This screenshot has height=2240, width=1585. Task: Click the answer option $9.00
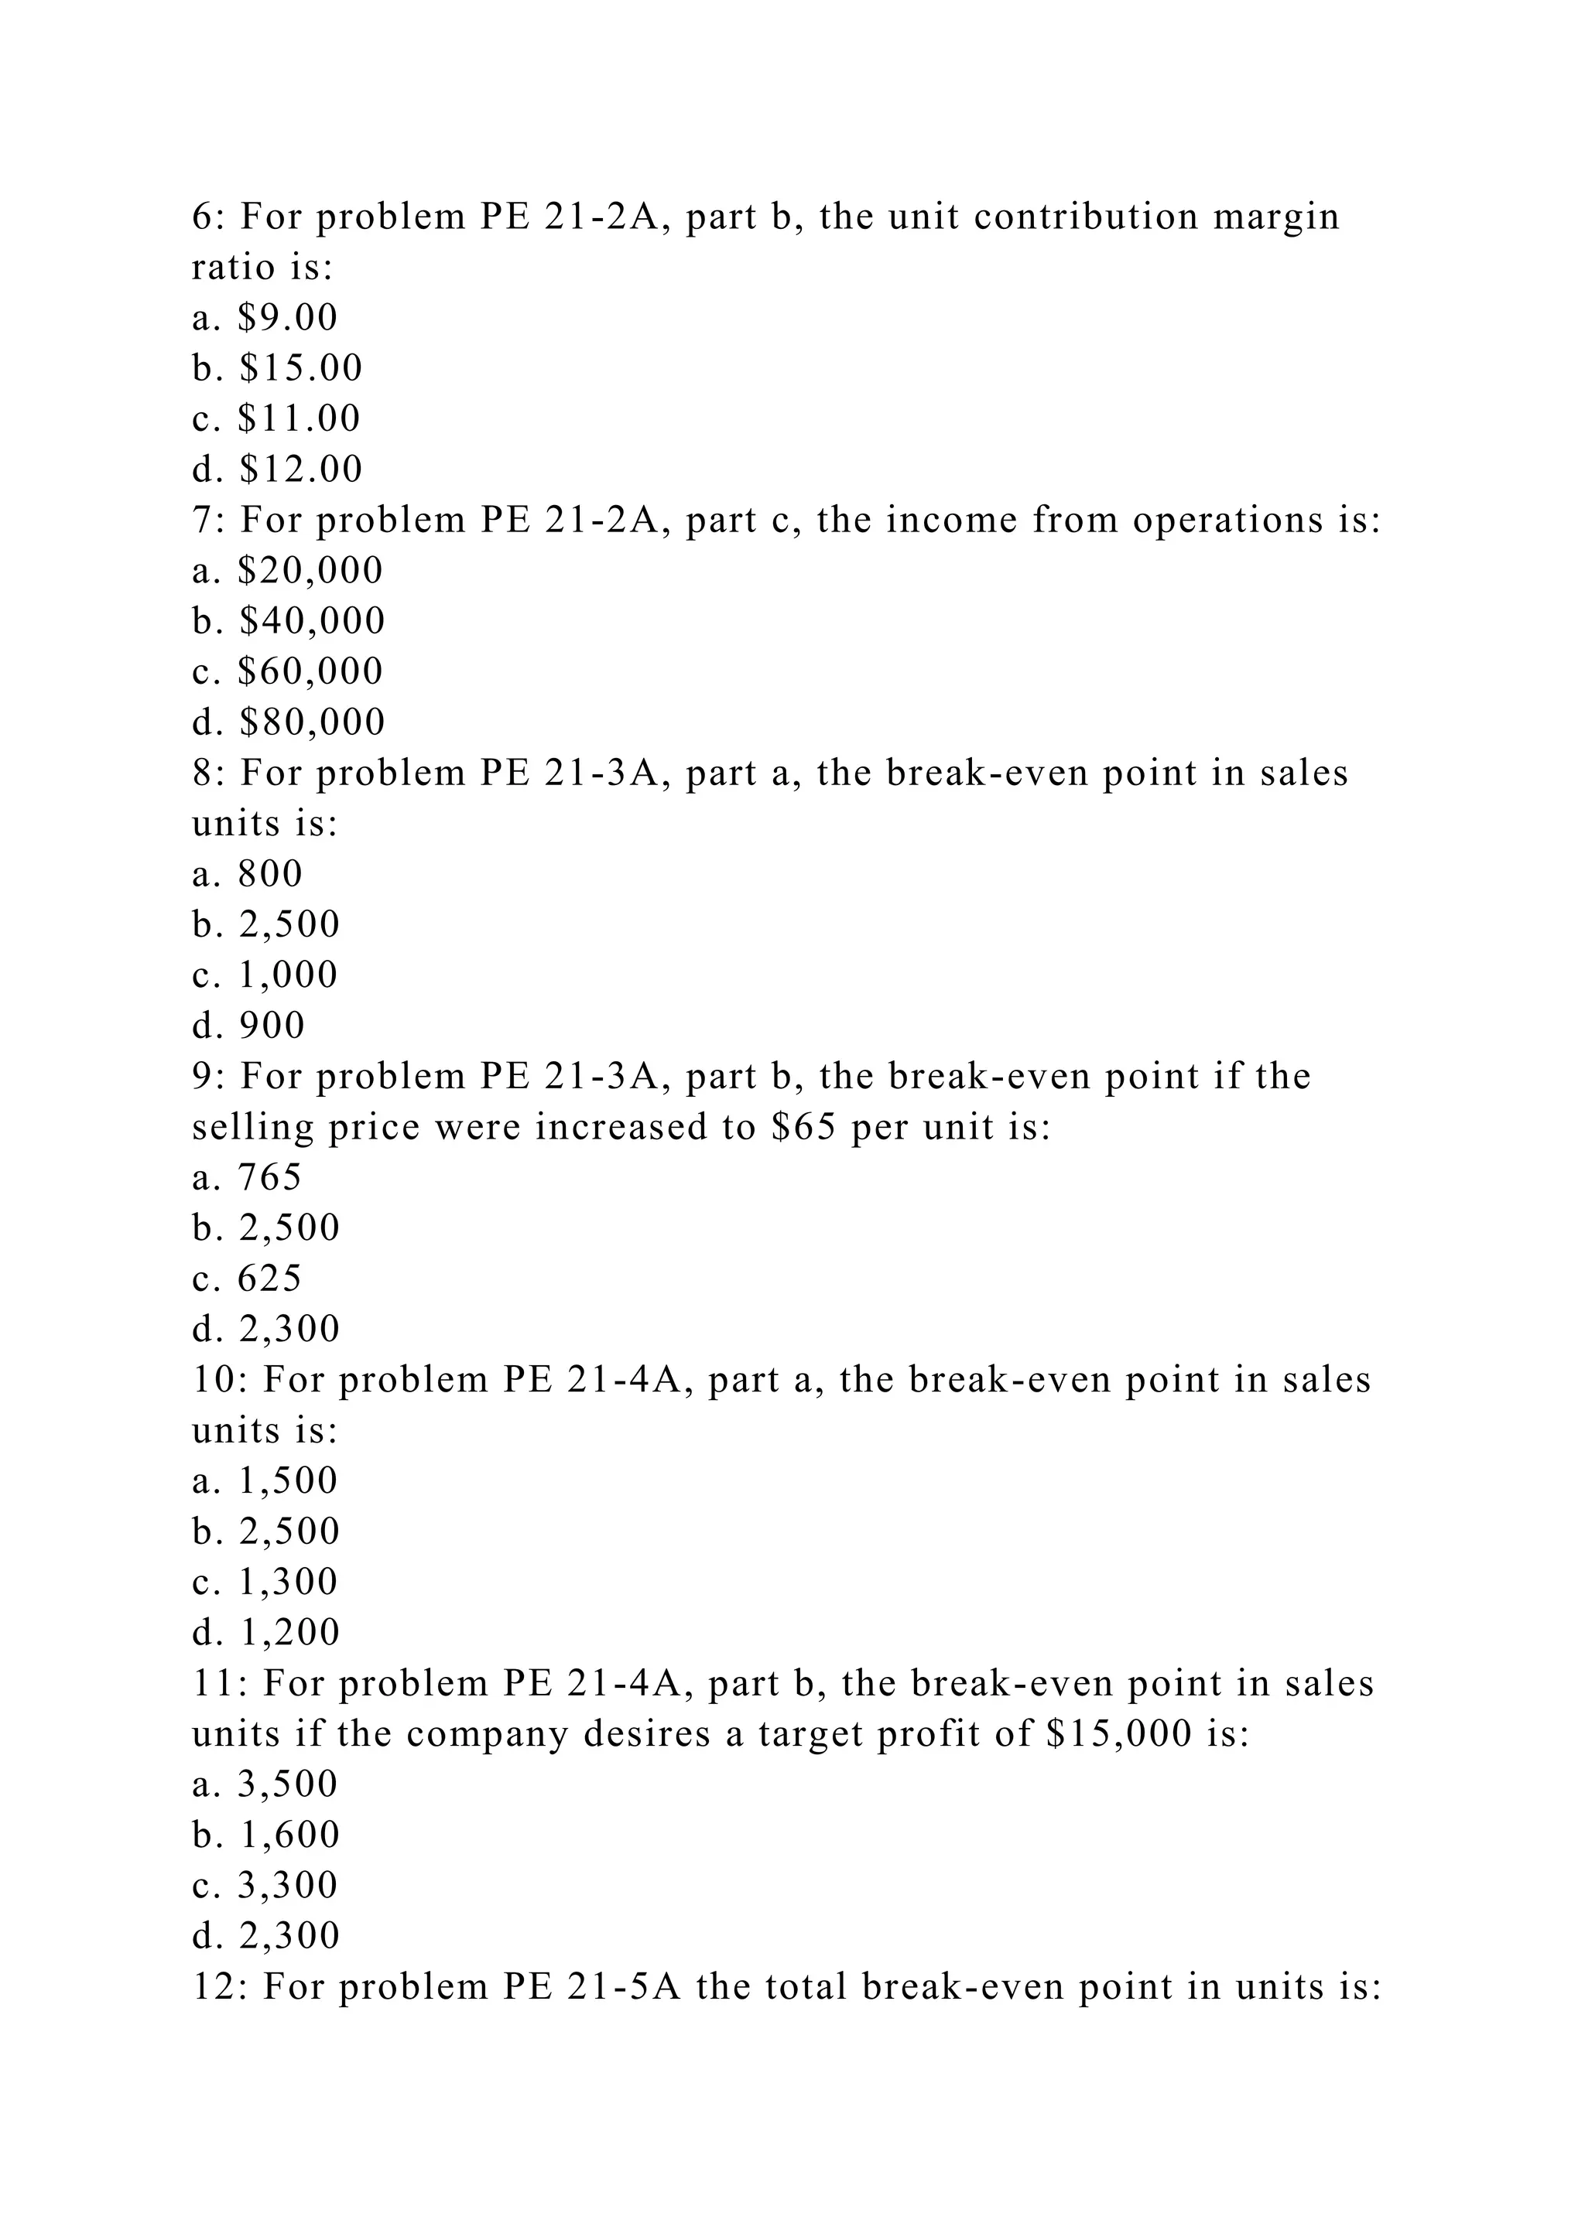288,317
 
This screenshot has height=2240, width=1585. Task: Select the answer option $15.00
300,368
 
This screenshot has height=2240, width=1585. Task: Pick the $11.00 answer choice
300,418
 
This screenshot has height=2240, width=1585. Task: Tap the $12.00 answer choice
300,470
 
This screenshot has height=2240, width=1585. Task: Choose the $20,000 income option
310,571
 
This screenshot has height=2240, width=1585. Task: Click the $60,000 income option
310,671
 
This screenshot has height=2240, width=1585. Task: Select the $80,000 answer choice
313,722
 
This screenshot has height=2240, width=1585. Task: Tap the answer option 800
270,873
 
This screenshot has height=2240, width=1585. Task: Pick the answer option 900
272,1026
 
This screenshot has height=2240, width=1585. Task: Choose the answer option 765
270,1176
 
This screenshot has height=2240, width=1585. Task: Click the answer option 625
270,1278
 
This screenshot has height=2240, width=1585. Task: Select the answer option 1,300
288,1582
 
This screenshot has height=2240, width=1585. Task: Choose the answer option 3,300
288,1885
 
